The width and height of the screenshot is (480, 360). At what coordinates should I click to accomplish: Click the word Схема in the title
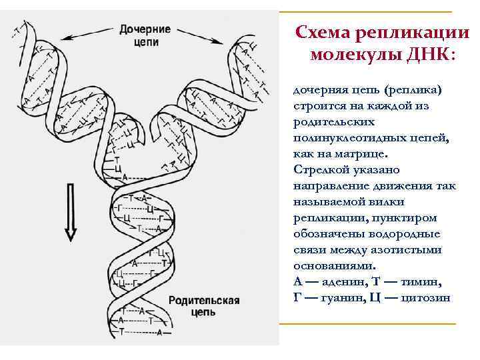click(322, 32)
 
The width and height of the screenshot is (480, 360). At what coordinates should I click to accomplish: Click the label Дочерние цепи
click(146, 34)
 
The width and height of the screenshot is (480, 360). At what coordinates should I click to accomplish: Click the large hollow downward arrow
click(70, 211)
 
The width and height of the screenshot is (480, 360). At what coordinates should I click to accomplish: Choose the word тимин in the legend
click(423, 281)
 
